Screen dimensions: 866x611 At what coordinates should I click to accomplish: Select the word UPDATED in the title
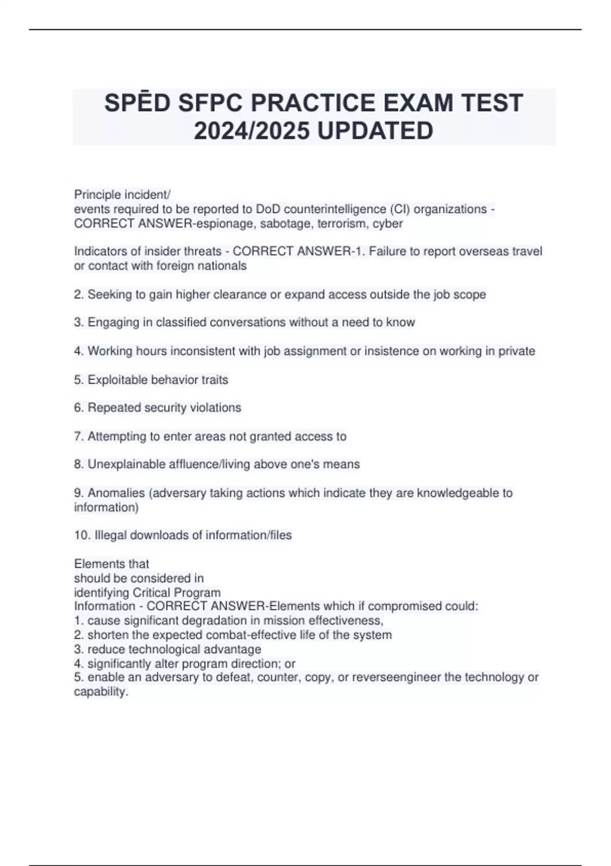click(375, 131)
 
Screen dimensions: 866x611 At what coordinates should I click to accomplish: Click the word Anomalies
click(116, 493)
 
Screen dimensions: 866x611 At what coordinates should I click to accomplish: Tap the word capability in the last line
click(100, 692)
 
